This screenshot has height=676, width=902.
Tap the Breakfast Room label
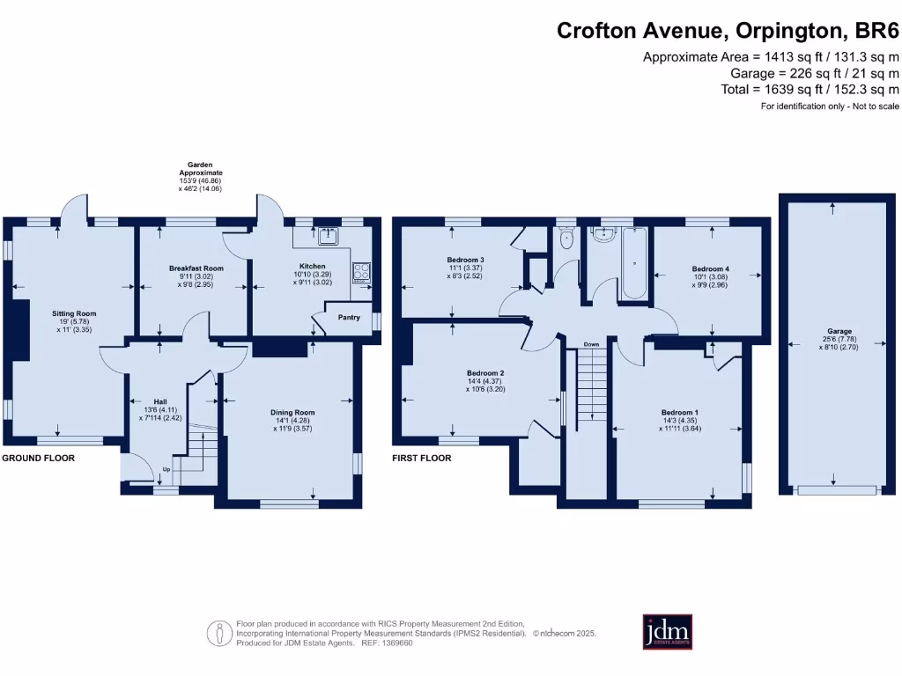196,268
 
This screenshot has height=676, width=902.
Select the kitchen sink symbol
329,235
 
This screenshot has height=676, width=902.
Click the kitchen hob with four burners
362,271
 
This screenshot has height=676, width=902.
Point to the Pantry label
349,317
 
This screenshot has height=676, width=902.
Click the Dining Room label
292,412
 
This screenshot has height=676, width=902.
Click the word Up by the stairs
166,470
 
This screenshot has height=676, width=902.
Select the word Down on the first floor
591,344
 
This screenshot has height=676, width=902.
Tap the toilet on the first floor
566,239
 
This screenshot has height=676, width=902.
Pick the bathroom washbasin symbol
604,235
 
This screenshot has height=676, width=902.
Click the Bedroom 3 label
466,260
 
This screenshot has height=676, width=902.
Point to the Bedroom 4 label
711,268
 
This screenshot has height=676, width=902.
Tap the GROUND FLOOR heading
38,459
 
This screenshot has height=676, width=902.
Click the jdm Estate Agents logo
667,632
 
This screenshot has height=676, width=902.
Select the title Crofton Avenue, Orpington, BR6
728,31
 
